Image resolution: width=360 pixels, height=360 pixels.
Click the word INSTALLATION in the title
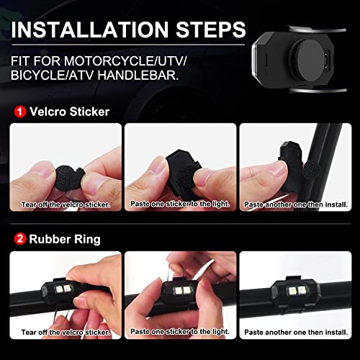click(90, 30)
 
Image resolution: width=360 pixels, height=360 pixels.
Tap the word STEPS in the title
click(211, 30)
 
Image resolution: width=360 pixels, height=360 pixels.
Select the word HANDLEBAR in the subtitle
click(138, 75)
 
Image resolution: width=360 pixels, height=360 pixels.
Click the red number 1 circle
click(20, 112)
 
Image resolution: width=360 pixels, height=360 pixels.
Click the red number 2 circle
click(20, 239)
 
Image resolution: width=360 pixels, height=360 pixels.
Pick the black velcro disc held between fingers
click(69, 178)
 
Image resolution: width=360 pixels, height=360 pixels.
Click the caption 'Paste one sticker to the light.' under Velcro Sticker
click(180, 204)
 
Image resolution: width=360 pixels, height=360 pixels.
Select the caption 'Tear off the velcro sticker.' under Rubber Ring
click(66, 333)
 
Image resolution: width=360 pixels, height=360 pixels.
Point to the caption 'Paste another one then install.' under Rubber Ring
click(296, 333)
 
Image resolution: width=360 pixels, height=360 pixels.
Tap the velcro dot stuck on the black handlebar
click(311, 170)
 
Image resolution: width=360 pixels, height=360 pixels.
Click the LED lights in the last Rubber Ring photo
click(297, 291)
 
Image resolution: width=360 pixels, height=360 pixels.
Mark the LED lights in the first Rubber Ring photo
click(63, 289)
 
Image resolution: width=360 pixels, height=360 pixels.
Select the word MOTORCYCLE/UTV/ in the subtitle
click(125, 61)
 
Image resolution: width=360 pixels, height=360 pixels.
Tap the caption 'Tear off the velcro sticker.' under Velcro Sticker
click(66, 204)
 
